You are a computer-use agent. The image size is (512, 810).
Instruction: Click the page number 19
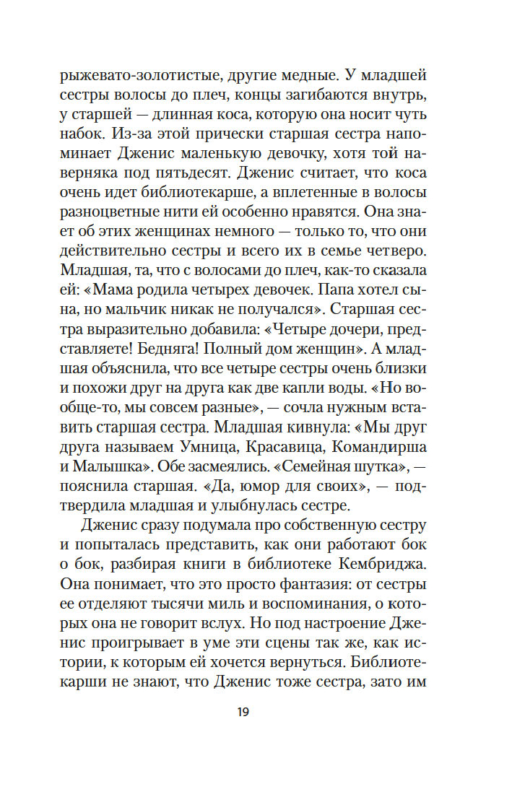(242, 712)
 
